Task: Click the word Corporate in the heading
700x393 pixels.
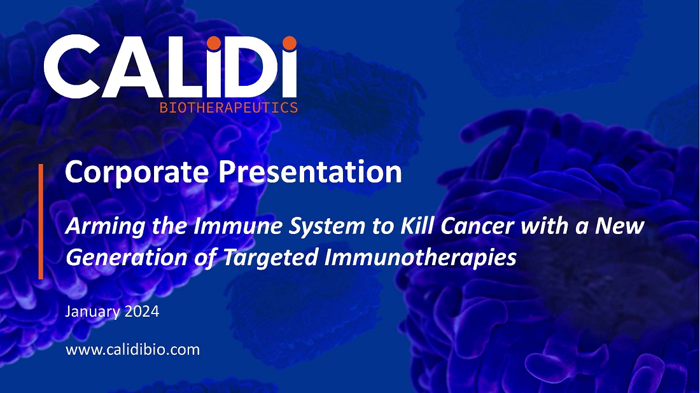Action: [137, 172]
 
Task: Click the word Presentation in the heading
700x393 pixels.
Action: [311, 172]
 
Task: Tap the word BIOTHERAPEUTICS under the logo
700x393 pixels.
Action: [228, 107]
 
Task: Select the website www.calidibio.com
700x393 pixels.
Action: [132, 349]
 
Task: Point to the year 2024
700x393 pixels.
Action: [141, 311]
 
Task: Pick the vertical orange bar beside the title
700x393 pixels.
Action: [41, 222]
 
